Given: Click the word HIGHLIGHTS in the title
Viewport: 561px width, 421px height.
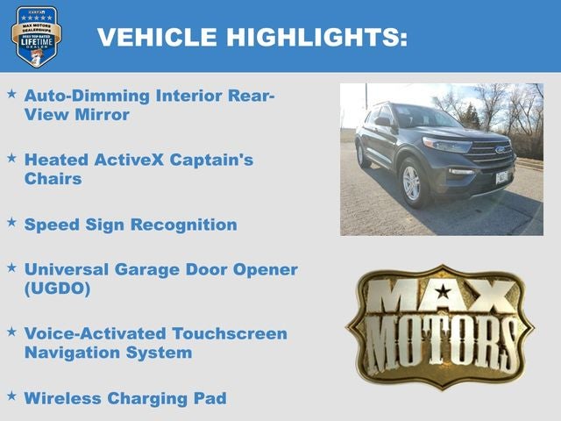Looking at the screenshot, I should (316, 37).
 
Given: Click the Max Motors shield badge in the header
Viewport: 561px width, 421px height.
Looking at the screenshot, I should (36, 36).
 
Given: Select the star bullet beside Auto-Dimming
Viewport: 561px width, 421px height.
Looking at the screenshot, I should (11, 92).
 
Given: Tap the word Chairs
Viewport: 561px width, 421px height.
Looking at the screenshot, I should (53, 179).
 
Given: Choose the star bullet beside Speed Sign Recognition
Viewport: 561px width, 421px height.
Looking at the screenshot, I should (11, 222).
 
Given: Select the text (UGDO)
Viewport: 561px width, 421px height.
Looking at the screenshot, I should (58, 288).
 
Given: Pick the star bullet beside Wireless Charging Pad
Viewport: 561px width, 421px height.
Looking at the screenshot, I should (11, 396).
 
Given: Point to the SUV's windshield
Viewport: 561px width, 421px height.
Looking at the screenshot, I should (427, 117).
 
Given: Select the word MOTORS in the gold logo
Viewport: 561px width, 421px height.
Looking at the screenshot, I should (440, 338).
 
